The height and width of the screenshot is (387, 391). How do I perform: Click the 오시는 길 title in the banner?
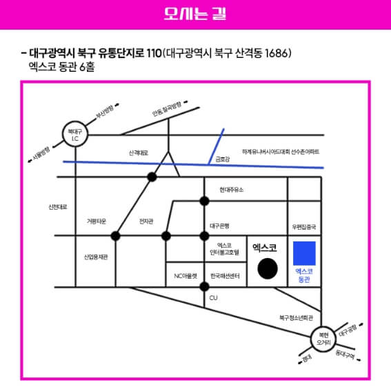click(x=195, y=14)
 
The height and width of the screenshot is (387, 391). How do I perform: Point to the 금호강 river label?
click(x=222, y=159)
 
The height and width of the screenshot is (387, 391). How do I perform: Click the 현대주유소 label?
click(x=231, y=189)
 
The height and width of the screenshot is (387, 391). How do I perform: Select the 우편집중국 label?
click(x=304, y=226)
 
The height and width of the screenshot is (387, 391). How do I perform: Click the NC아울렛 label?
click(x=186, y=276)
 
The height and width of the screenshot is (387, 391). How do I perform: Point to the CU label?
click(x=213, y=298)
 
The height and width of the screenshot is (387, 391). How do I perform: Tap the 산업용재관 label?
click(x=96, y=257)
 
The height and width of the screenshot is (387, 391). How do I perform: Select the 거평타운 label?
click(x=96, y=221)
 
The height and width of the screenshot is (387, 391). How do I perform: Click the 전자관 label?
click(x=146, y=221)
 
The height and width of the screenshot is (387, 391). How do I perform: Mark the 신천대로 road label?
click(x=57, y=206)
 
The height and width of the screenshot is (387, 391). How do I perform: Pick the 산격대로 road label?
click(x=139, y=152)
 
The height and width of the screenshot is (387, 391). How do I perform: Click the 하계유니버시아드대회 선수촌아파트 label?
click(x=281, y=151)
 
